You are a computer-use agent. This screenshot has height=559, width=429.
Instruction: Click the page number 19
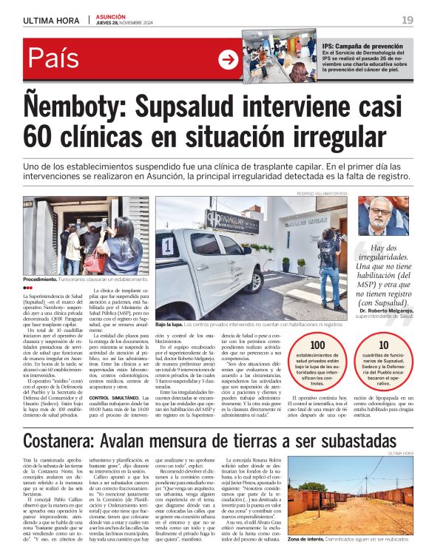(x=408, y=20)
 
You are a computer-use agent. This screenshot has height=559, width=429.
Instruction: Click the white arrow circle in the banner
(x=229, y=60)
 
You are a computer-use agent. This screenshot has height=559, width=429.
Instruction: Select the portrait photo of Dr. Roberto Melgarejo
(x=382, y=215)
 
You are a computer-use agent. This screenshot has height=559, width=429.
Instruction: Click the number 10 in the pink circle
(x=383, y=345)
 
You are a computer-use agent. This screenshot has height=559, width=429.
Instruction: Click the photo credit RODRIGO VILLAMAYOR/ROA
(x=322, y=193)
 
